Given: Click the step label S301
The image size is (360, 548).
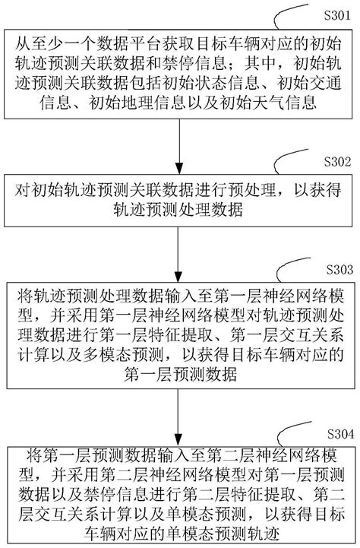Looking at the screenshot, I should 336,14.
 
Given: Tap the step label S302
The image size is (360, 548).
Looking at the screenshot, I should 336,161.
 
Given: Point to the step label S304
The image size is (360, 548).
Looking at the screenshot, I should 336,432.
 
